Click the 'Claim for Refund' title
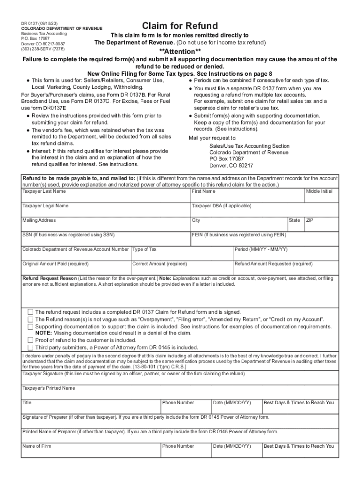pyautogui.click(x=180, y=26)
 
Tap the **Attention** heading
pyautogui.click(x=180, y=51)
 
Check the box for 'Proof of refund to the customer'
pyautogui.click(x=30, y=340)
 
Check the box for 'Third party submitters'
pyautogui.click(x=30, y=347)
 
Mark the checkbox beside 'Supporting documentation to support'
pyautogui.click(x=30, y=326)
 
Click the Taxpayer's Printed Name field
pyautogui.click(x=180, y=394)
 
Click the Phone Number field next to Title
pyautogui.click(x=186, y=409)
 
